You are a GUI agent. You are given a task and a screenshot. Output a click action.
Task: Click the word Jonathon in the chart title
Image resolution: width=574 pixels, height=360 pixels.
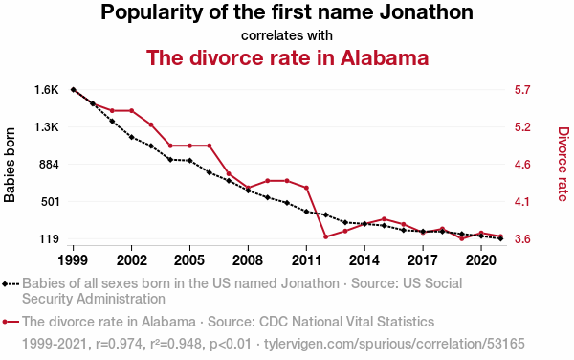tap(426, 11)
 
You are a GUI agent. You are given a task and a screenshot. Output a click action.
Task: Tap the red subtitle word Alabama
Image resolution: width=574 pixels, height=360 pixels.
tap(385, 57)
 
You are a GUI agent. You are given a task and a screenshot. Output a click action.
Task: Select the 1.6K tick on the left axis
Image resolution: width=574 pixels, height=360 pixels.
tap(47, 90)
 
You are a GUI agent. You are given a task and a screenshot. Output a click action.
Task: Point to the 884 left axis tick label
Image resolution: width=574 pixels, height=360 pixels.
tap(49, 165)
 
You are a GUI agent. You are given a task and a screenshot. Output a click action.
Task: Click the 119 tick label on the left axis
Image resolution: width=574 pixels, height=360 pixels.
tap(49, 239)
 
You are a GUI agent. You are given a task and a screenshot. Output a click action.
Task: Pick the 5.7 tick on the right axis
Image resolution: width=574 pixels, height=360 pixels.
tap(522, 90)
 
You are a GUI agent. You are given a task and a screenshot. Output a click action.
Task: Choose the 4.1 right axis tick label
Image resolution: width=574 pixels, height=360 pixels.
tap(522, 202)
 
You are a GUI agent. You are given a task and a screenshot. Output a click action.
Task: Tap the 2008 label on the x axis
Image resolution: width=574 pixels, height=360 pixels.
tap(248, 260)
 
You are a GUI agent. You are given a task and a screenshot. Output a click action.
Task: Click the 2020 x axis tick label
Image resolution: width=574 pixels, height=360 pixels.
tap(481, 260)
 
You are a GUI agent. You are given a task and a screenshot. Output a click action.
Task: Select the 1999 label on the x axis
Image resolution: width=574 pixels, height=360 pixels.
tap(73, 260)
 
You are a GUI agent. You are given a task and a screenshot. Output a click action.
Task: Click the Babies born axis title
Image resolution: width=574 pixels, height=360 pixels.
tap(10, 165)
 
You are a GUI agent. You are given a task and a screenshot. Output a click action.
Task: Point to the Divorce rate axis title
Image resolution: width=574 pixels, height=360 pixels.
tap(563, 164)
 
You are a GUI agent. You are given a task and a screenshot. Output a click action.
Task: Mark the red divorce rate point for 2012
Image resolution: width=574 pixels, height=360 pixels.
tap(325, 236)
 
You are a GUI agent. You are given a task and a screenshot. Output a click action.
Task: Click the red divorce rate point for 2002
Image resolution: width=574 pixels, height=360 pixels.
tap(131, 111)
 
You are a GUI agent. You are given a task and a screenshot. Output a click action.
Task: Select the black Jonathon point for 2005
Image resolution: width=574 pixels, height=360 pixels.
tap(189, 161)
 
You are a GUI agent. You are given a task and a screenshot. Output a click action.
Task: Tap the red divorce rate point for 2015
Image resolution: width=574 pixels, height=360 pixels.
tap(384, 219)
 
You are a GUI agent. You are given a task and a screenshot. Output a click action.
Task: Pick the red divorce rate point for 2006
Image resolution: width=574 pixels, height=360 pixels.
tap(209, 146)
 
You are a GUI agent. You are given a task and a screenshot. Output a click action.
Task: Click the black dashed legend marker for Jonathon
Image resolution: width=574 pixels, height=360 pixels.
tap(11, 283)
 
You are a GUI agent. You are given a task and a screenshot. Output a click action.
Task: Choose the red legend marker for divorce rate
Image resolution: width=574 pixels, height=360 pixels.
tap(11, 322)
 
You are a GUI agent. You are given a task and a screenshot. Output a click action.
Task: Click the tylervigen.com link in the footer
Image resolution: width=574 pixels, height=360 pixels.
tap(394, 344)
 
